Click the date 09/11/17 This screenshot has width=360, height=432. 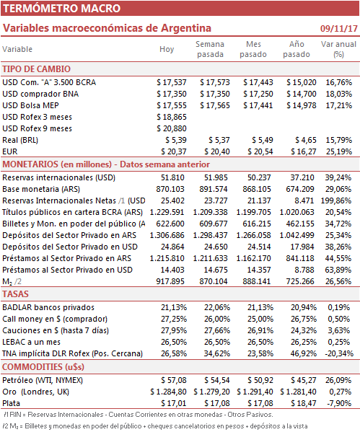338,28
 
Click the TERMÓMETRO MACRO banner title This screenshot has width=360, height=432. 62,8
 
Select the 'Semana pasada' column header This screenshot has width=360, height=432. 210,49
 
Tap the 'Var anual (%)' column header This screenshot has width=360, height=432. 338,49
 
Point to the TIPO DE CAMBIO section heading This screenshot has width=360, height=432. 36,69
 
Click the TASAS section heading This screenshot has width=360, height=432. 15,294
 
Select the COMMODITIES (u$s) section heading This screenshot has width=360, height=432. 43,367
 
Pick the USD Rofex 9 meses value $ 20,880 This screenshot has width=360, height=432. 172,128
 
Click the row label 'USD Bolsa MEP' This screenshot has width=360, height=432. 30,105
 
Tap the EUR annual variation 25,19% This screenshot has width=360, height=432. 339,151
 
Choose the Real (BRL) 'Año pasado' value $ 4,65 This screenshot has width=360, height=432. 306,140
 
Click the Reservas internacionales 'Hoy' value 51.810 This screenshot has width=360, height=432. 172,177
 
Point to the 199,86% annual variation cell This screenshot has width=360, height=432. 336,200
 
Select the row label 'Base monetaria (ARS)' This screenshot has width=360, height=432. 41,189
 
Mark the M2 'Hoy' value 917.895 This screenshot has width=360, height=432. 170,281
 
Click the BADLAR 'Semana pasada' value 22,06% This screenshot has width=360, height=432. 217,307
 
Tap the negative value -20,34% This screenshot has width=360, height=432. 339,353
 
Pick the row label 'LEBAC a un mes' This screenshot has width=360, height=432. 32,342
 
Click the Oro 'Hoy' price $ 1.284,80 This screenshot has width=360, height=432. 168,392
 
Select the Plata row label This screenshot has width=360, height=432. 11,403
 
